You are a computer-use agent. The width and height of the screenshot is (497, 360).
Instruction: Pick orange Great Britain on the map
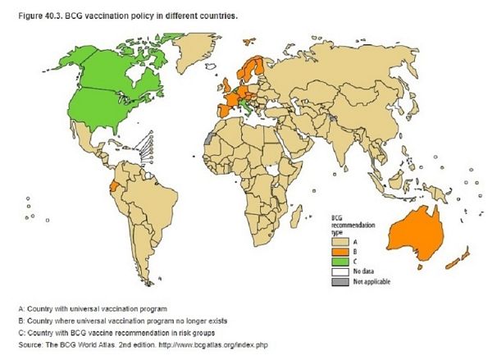[225, 81]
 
